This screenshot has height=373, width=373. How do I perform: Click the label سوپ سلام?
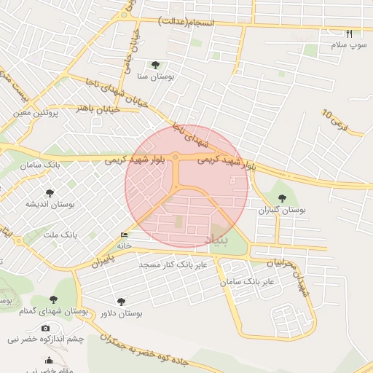point(348,45)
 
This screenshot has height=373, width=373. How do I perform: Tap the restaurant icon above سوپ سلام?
point(349,34)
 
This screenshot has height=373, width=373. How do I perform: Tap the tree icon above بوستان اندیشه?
point(49,193)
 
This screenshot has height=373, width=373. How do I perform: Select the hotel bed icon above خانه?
point(124,235)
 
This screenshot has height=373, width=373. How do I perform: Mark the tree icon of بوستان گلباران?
point(283,198)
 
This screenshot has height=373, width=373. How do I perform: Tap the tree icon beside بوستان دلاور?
point(121,301)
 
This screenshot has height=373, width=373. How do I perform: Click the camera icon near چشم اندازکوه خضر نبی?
point(46,329)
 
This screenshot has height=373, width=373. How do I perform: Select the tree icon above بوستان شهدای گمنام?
point(53,299)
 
